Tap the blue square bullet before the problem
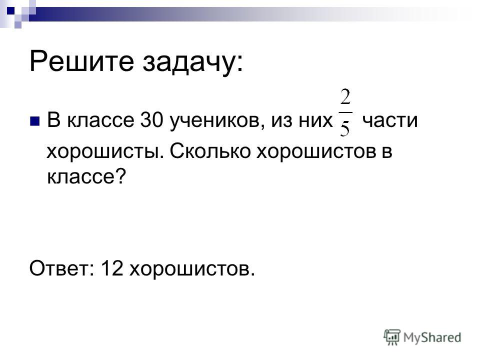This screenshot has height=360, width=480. click(34, 121)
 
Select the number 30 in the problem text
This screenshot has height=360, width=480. click(151, 119)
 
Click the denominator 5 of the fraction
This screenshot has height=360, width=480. click(345, 127)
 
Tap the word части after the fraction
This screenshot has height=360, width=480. click(389, 120)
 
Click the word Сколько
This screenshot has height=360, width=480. click(210, 150)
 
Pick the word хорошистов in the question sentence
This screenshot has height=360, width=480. click(316, 151)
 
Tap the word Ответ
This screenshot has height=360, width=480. click(59, 268)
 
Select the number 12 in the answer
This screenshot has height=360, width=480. click(111, 268)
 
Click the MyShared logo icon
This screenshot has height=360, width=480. click(392, 337)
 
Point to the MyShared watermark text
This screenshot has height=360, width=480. click(432, 337)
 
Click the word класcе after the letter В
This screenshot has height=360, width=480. click(100, 120)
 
